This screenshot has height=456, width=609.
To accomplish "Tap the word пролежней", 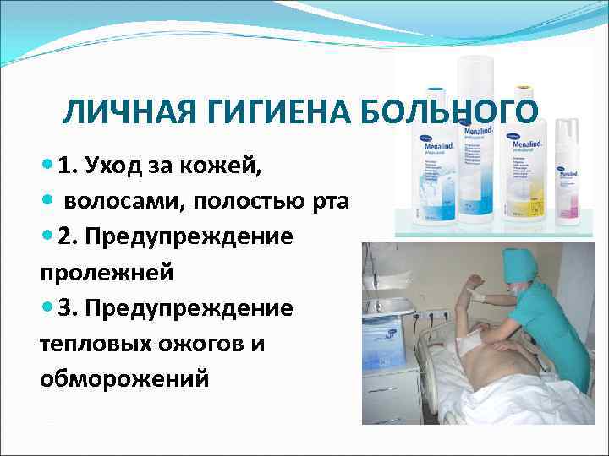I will [106, 273].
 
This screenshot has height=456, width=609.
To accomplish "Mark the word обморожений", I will [123, 379].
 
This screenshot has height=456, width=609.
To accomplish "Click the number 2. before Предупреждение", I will [70, 237].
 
